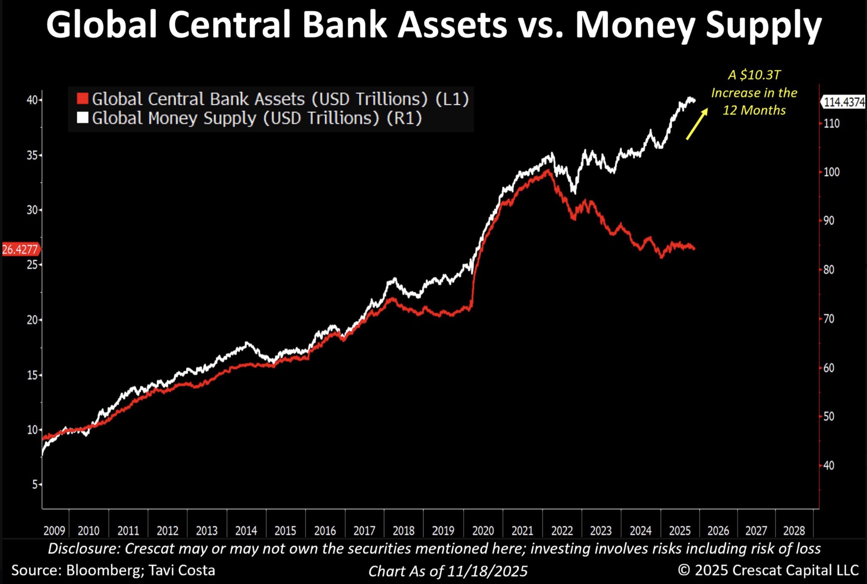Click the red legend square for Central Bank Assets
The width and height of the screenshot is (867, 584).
point(82,99)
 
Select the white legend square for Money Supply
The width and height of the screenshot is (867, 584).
point(82,118)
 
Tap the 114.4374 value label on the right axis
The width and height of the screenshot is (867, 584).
point(844,102)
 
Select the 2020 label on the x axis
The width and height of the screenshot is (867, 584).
point(482,530)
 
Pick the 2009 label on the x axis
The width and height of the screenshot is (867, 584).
point(54,530)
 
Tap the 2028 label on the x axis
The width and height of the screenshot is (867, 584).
point(794,530)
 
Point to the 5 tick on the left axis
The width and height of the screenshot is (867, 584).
point(35,485)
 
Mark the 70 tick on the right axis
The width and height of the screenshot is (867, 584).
point(829,319)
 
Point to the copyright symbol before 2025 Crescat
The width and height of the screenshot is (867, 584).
point(684,570)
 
